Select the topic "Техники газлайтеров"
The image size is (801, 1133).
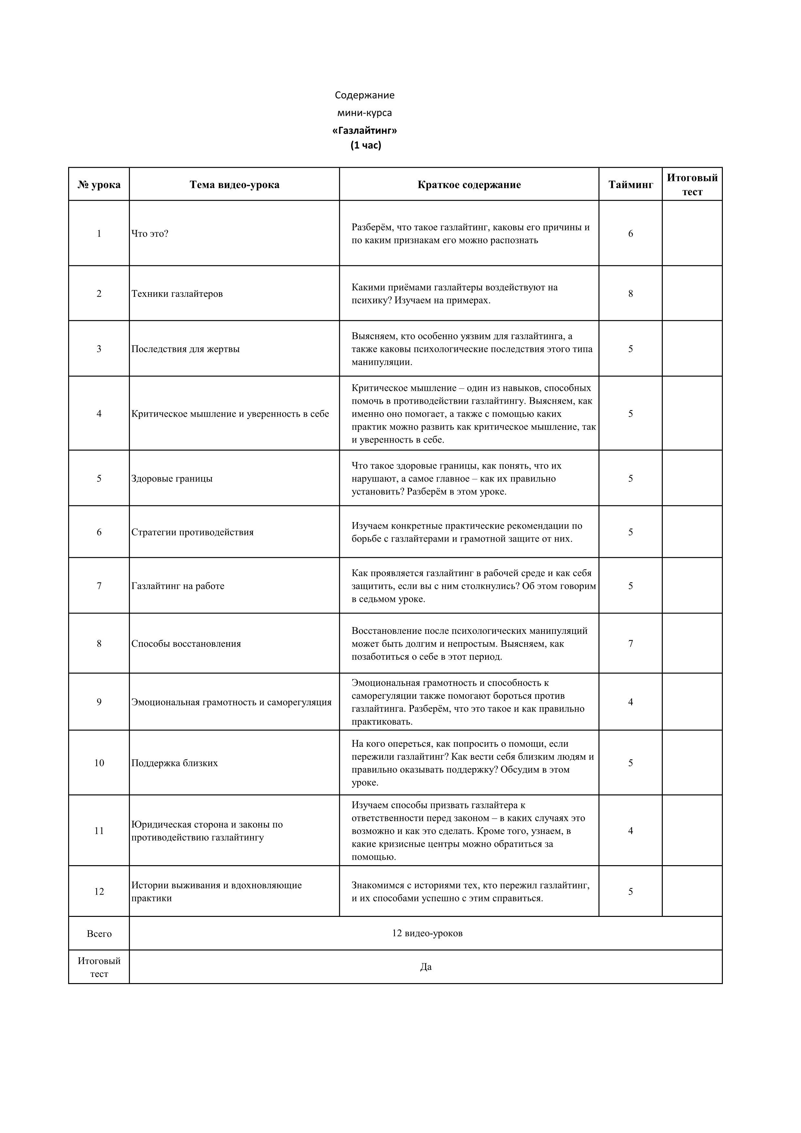[177, 294]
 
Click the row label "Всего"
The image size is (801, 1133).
[99, 934]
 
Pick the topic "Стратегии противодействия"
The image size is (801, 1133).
[192, 532]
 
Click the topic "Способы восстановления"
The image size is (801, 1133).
[186, 644]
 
